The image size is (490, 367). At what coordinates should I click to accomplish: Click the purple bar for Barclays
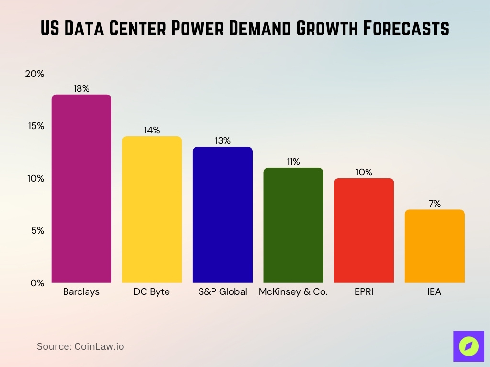[x=81, y=189]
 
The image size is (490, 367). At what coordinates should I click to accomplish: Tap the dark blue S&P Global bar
[x=223, y=215]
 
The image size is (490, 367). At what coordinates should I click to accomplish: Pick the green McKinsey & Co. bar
[x=293, y=225]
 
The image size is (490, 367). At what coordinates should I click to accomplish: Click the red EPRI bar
[x=364, y=230]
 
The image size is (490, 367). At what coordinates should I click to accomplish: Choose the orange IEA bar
[x=434, y=246]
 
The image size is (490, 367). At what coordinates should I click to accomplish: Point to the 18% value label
[x=81, y=88]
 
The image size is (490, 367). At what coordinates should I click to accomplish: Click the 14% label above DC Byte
[x=152, y=130]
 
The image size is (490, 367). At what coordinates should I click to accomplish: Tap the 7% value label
[x=434, y=204]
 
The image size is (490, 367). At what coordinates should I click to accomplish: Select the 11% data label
[x=293, y=162]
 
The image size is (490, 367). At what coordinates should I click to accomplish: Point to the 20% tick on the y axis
[x=34, y=74]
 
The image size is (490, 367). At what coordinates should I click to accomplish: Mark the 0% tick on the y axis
[x=36, y=283]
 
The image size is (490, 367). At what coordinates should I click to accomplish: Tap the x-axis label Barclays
[x=81, y=292]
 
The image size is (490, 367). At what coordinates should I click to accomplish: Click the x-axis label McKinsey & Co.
[x=293, y=292]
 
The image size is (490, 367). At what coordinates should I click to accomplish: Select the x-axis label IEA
[x=434, y=292]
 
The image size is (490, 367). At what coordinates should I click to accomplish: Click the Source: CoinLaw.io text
[x=80, y=346]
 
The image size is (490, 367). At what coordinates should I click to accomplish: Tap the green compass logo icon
[x=468, y=345]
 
